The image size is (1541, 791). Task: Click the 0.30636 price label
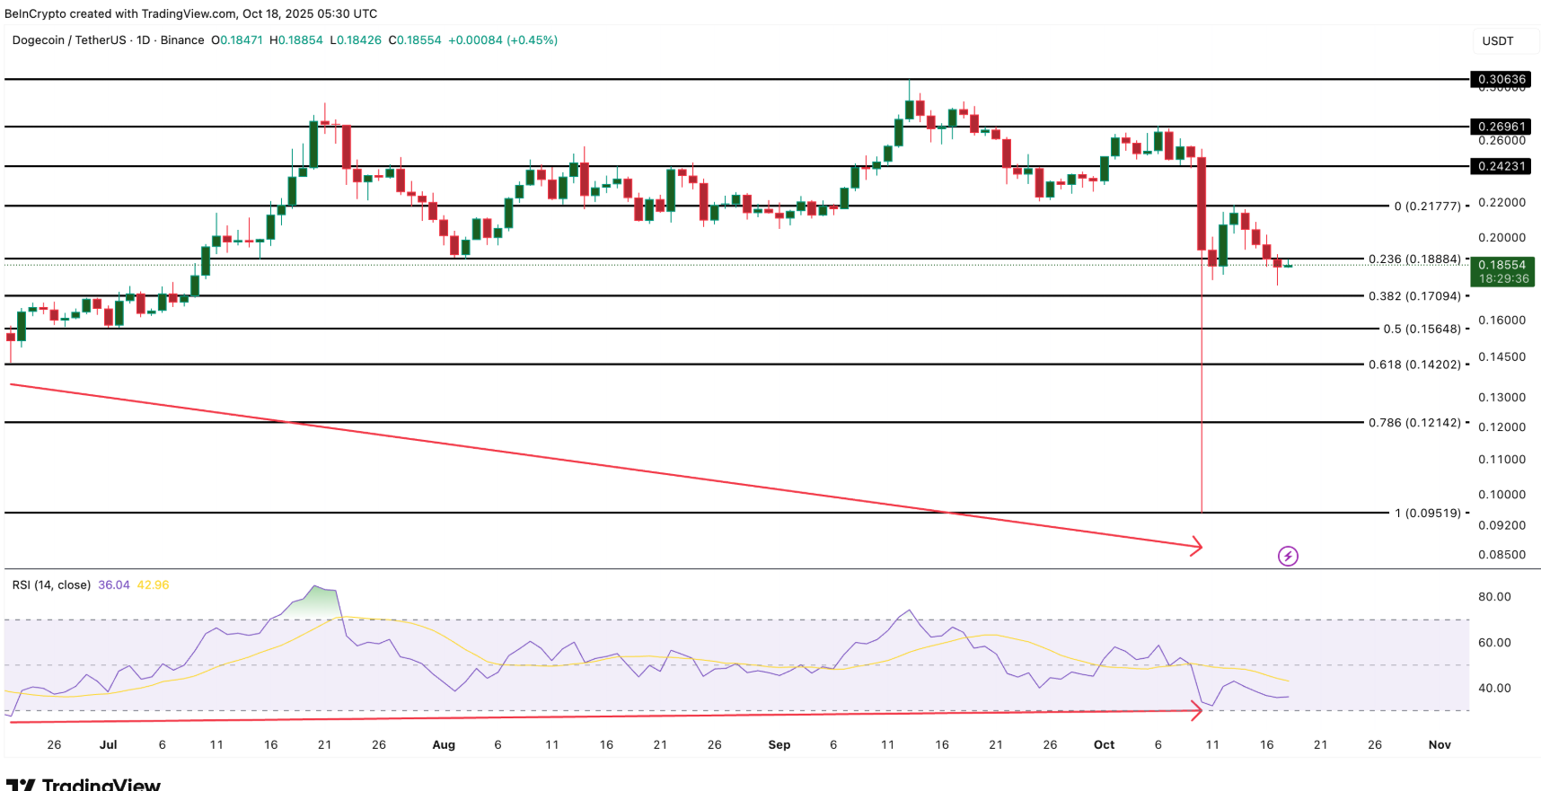click(1501, 79)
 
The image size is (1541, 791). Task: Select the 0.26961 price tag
click(1501, 127)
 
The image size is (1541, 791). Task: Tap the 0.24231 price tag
click(1501, 166)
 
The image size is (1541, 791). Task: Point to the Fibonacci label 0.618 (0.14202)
click(1414, 365)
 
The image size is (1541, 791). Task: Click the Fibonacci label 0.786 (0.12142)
click(1414, 422)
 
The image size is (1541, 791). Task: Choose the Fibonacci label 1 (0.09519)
click(1427, 513)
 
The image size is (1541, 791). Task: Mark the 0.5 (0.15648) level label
click(1422, 329)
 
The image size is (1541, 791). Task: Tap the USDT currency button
click(1497, 40)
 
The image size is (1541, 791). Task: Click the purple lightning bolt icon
click(1288, 556)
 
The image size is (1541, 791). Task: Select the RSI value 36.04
click(114, 584)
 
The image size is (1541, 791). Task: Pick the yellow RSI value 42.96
click(153, 584)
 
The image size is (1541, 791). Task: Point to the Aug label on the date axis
click(444, 744)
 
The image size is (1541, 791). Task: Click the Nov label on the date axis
click(1439, 744)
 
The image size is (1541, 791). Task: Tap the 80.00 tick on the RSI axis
click(1494, 596)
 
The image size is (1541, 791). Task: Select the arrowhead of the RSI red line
click(1197, 712)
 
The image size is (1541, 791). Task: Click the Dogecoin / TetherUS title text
click(69, 40)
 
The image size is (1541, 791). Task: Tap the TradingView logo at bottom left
click(83, 784)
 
